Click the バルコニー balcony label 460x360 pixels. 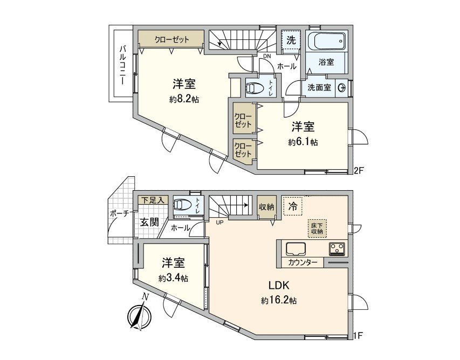click(122, 64)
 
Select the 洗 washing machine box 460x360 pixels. click(291, 39)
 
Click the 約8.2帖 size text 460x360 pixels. click(183, 100)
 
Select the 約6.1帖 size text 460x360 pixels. click(303, 142)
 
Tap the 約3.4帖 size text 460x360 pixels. click(173, 278)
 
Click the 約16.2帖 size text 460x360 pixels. click(279, 300)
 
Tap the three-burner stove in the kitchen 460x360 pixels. click(338, 248)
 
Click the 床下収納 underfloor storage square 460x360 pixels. click(317, 227)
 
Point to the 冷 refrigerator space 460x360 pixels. click(292, 205)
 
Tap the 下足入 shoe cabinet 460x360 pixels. click(152, 200)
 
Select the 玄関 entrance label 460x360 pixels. click(150, 221)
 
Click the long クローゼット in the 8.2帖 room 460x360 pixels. click(171, 39)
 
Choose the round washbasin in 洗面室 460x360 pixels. click(341, 88)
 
